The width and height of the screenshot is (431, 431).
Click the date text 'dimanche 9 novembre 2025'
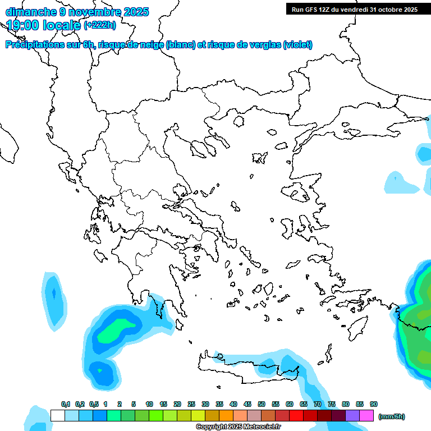coord(77,12)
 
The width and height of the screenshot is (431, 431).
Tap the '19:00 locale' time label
coord(43,25)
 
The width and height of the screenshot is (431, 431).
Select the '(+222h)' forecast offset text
coord(100,25)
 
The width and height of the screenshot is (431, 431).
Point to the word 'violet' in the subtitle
coord(297,45)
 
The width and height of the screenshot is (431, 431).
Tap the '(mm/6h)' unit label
coord(391,416)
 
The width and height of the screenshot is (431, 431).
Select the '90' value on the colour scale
coord(374,405)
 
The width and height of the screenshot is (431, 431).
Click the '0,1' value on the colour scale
coord(66,405)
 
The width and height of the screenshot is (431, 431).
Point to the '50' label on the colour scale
coord(262,405)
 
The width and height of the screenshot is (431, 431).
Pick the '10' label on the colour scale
coord(149,405)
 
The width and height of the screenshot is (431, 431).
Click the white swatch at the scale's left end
coord(57,416)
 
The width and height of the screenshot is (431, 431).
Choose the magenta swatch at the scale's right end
coord(366,416)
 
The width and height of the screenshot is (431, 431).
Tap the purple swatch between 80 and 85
coord(352,416)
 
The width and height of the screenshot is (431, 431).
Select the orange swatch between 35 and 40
coord(226,416)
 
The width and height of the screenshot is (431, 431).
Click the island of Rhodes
coord(357,328)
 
